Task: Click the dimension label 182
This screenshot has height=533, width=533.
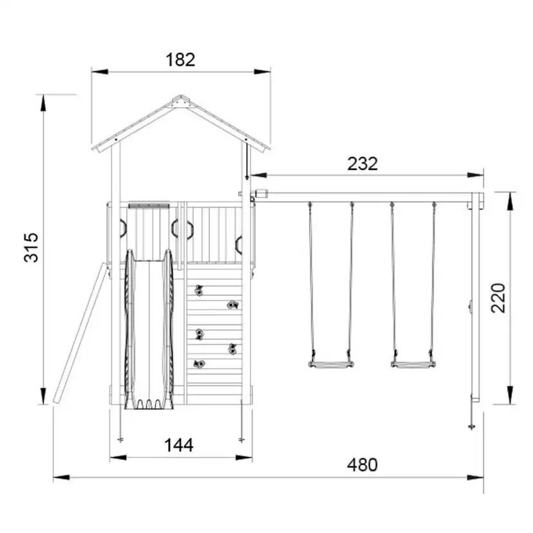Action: click(180, 60)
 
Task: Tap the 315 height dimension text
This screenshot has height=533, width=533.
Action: click(32, 247)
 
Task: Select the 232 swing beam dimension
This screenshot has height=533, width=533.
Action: click(362, 164)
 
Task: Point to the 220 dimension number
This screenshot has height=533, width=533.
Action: click(498, 298)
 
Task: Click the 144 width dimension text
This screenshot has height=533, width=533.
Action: click(179, 445)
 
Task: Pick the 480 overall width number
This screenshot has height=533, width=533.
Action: click(362, 465)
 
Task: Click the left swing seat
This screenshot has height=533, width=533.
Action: click(331, 365)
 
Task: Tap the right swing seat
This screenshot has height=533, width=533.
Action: click(413, 365)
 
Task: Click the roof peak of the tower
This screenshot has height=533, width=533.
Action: click(181, 97)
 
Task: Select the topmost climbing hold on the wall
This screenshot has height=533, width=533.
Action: click(199, 290)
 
